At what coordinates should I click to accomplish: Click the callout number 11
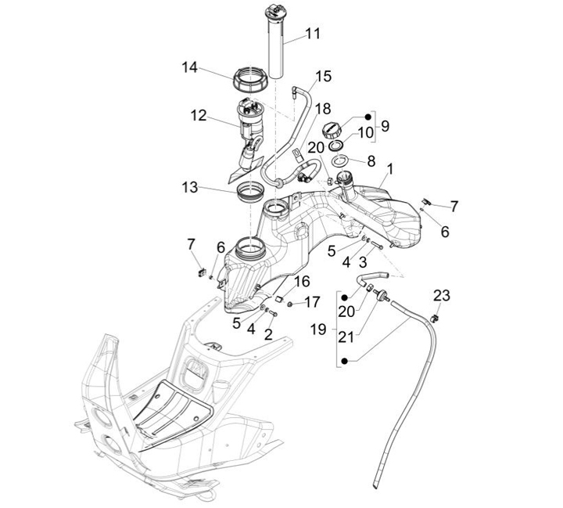[x=313, y=34]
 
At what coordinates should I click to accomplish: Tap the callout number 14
[x=190, y=67]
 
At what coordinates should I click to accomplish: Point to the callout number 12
[x=198, y=116]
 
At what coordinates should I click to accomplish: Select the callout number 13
[x=190, y=188]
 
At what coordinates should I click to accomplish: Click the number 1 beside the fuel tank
[x=390, y=168]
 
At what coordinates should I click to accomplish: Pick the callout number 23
[x=442, y=295]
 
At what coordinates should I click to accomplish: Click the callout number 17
[x=312, y=301]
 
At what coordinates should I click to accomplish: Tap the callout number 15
[x=323, y=77]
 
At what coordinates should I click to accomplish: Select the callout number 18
[x=301, y=108]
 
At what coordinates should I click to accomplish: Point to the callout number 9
[x=383, y=124]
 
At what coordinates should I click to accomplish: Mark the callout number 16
[x=303, y=282]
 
